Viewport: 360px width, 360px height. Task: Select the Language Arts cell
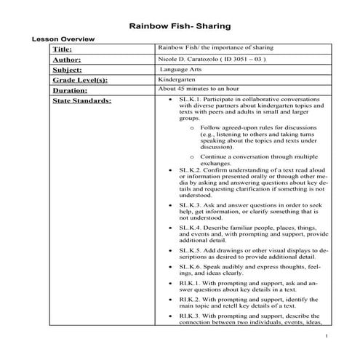pos(181,69)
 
